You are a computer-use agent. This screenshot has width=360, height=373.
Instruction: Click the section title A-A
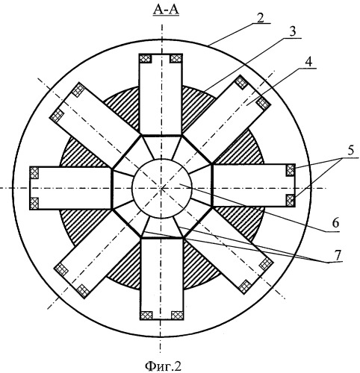click(x=166, y=10)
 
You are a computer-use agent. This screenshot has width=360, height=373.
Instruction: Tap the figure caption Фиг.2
click(x=163, y=366)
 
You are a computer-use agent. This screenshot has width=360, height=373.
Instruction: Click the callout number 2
click(x=260, y=18)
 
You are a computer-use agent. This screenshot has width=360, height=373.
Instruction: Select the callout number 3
click(x=293, y=32)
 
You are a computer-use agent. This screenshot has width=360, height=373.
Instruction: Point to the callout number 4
click(x=308, y=62)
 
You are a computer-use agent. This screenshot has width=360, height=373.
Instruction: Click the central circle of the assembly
click(x=162, y=188)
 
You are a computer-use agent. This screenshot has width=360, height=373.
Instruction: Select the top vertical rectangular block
click(x=161, y=94)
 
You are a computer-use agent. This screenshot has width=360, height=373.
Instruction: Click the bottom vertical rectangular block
click(x=162, y=279)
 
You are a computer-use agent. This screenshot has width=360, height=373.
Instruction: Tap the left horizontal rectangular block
click(x=70, y=188)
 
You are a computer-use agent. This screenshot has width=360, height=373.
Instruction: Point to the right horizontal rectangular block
click(x=254, y=185)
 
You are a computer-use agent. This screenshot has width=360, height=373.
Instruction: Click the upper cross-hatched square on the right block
click(x=291, y=170)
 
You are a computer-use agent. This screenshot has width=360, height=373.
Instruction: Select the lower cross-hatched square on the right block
click(x=291, y=201)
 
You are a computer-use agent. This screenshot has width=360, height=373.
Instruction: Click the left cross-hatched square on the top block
click(x=146, y=59)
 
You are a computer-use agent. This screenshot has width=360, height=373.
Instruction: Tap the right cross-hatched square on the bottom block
click(x=177, y=315)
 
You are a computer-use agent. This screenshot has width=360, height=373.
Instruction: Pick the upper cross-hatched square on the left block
click(x=34, y=173)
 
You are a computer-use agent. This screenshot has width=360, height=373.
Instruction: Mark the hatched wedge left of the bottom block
click(x=125, y=269)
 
